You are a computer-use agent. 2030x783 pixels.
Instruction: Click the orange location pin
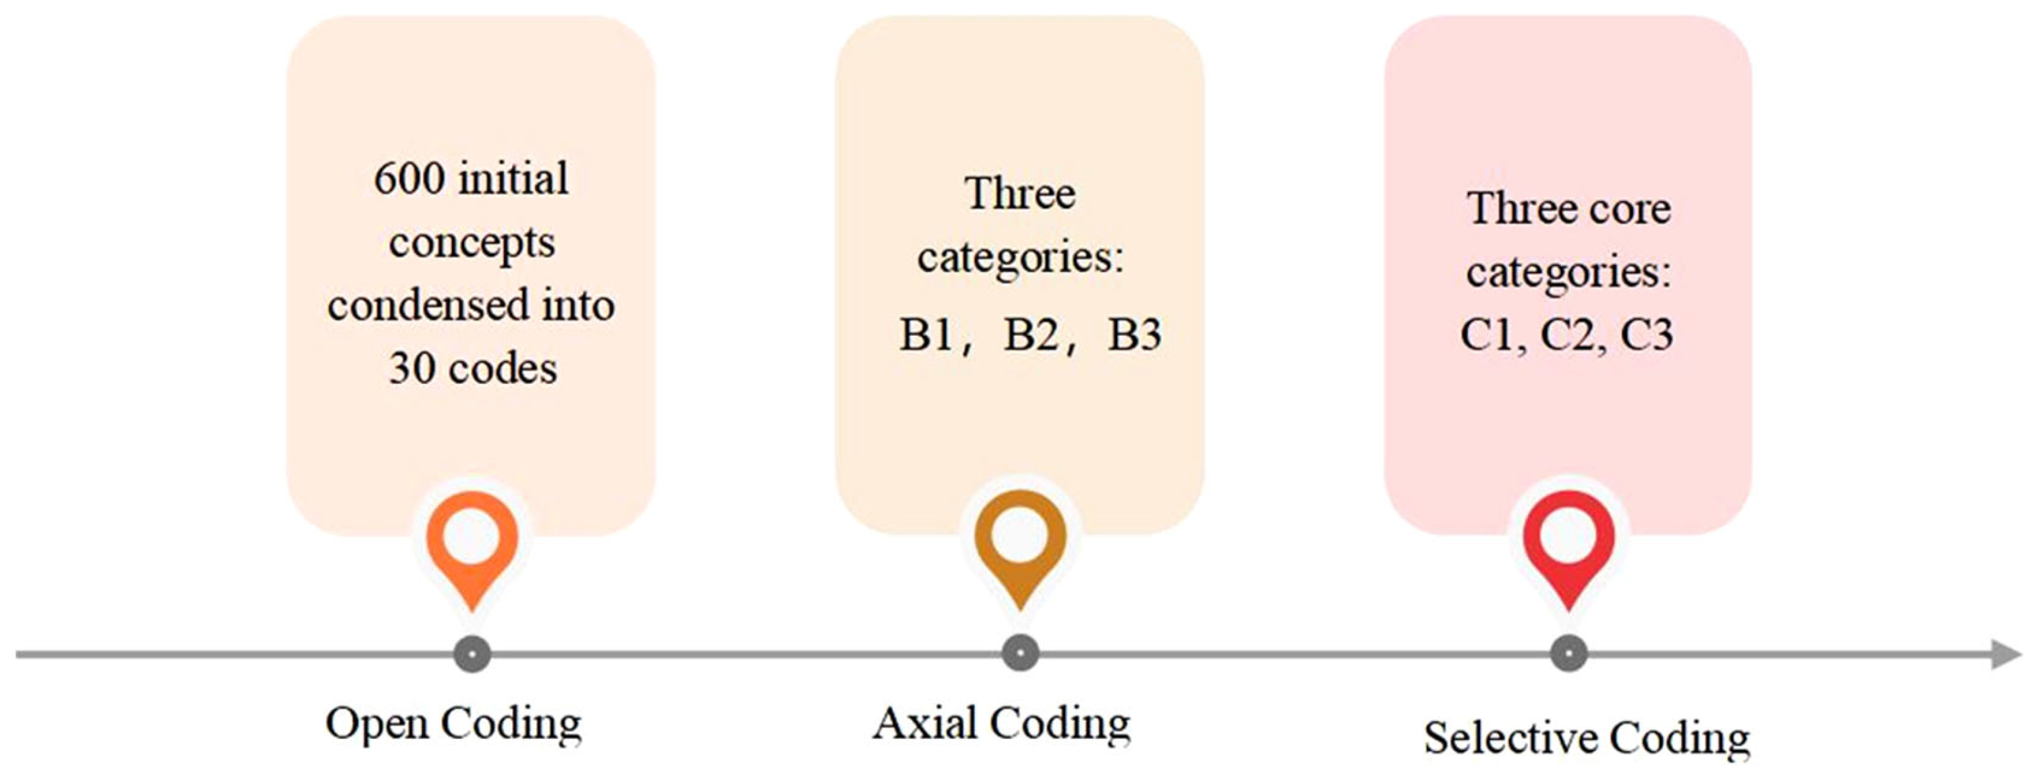(x=472, y=544)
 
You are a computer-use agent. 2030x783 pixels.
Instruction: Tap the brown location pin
(x=1020, y=544)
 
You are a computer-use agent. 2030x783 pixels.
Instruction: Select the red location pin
(x=1568, y=544)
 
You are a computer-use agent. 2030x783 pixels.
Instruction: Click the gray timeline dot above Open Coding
(x=472, y=654)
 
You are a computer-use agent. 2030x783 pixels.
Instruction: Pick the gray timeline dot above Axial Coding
(x=1020, y=654)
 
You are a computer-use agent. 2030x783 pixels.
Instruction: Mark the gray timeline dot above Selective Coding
(x=1568, y=654)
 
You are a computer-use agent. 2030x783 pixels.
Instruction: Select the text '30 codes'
(x=473, y=368)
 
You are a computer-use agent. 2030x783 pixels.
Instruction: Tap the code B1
(x=927, y=334)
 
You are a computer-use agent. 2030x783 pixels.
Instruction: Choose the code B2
(x=1031, y=334)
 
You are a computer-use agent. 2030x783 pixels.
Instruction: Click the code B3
(x=1135, y=334)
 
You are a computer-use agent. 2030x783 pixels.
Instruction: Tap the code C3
(x=1647, y=334)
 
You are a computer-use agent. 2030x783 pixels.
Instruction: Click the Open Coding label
(x=453, y=723)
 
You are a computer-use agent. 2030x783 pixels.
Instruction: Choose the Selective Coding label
(x=1586, y=739)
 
